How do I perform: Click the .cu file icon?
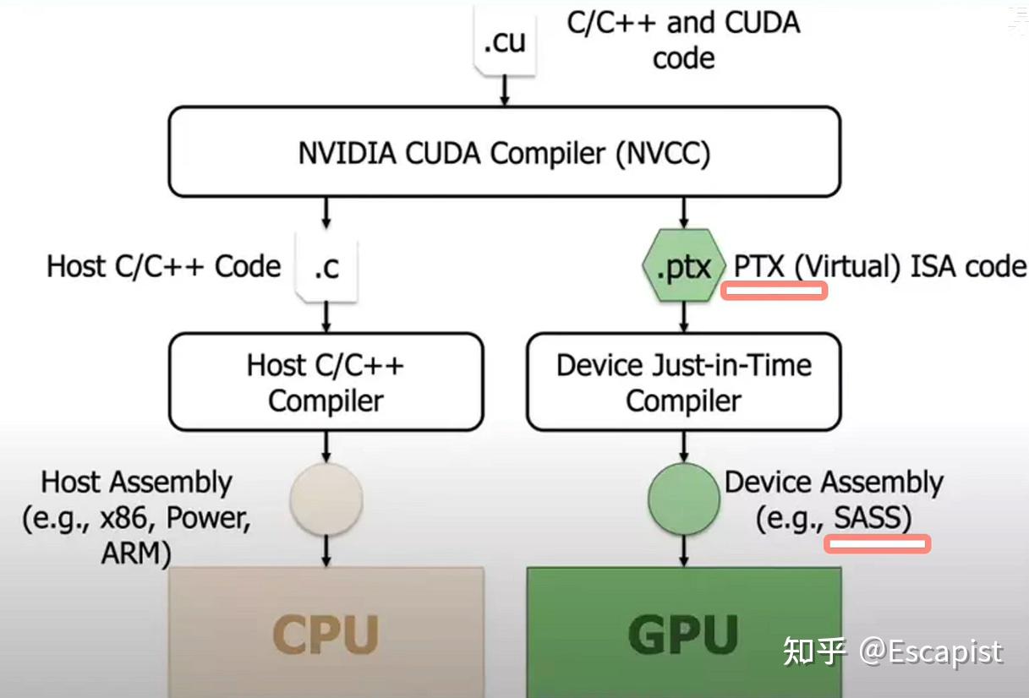click(x=504, y=42)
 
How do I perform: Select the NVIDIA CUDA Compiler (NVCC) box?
click(x=504, y=153)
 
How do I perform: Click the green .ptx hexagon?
click(x=684, y=267)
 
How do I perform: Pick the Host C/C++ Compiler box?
click(x=326, y=382)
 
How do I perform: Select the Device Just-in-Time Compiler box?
click(x=683, y=382)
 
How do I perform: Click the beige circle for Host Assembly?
click(x=326, y=498)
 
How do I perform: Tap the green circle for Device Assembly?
click(x=684, y=498)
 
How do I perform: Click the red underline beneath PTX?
click(x=773, y=292)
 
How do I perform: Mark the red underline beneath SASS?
click(x=877, y=544)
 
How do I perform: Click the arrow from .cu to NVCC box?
click(x=504, y=90)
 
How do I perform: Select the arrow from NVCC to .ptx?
click(x=684, y=212)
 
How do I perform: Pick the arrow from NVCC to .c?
click(x=326, y=213)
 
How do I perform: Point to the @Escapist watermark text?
click(x=930, y=652)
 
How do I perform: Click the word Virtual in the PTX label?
click(x=849, y=266)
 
